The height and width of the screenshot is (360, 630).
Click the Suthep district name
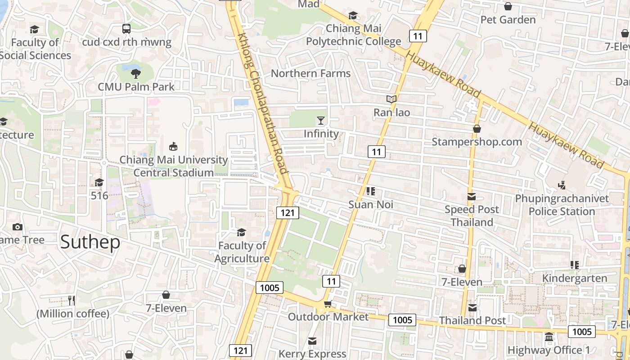pos(90,242)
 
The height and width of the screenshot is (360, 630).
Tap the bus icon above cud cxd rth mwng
pos(126,29)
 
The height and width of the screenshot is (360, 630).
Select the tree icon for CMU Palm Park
pos(136,73)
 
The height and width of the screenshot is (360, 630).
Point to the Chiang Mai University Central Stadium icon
pos(173,146)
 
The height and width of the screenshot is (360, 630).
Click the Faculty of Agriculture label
pos(242,252)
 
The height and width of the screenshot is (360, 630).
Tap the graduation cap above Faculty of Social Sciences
pos(34,29)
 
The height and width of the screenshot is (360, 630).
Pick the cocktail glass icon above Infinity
pos(321,120)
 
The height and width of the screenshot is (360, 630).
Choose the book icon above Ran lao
pos(391,99)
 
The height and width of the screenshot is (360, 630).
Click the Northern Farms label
pos(310,73)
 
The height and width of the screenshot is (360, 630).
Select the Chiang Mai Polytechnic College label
pos(353,35)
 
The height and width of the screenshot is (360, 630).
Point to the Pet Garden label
pos(508,20)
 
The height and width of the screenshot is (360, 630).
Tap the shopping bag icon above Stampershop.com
pos(477,129)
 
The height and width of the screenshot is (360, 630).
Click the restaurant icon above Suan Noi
pos(371,191)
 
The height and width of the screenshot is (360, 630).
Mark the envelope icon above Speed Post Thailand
pos(472,196)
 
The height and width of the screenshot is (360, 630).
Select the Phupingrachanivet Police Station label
pos(562,205)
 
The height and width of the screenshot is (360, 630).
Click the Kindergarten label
pos(574,278)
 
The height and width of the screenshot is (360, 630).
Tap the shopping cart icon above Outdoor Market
pos(328,304)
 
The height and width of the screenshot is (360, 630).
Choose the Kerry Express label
pos(312,354)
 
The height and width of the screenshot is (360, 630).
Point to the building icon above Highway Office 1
pos(549,337)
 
